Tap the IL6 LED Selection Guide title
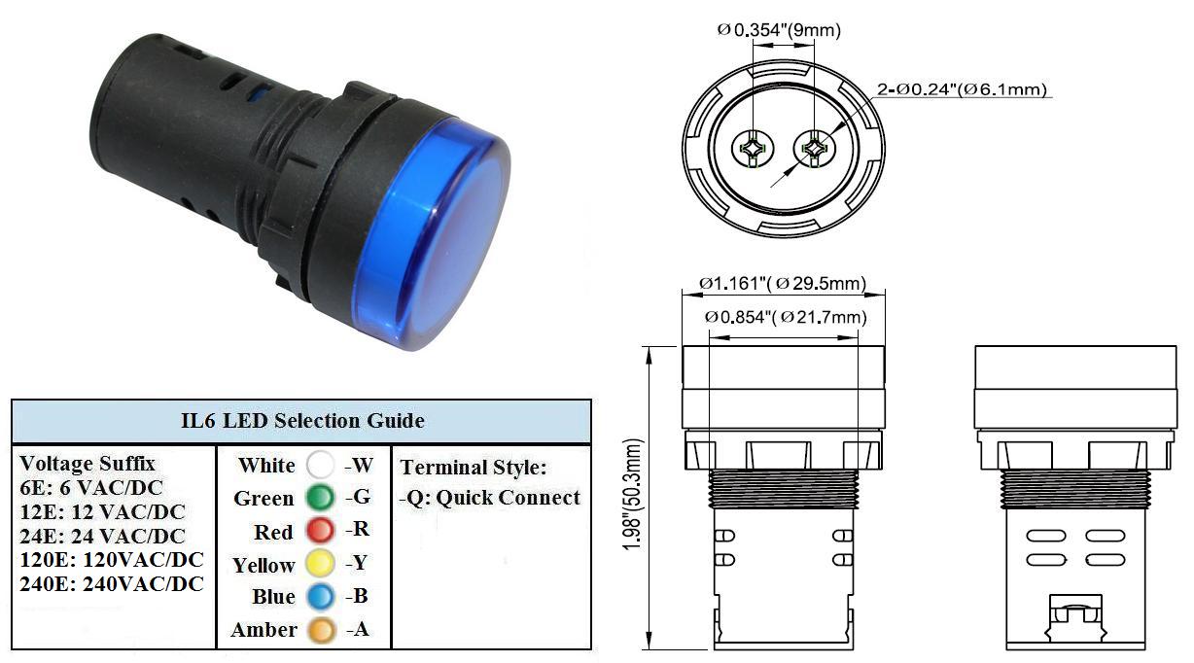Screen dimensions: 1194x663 (302, 421)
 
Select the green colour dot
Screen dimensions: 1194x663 (320, 498)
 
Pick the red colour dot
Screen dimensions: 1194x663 (320, 530)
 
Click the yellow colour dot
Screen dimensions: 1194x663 (320, 563)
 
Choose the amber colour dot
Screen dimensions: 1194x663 (321, 630)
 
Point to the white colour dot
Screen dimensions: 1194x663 (320, 465)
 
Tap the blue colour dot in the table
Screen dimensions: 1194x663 (320, 596)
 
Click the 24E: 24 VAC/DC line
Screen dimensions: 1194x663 (102, 536)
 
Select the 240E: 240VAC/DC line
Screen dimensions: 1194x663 (112, 584)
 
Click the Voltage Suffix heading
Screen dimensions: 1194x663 (88, 464)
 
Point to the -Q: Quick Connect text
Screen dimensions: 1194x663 (489, 498)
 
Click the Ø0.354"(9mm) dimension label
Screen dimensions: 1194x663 (779, 30)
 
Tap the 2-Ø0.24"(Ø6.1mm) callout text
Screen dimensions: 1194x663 (963, 89)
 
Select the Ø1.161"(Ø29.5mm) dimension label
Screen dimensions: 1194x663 (783, 283)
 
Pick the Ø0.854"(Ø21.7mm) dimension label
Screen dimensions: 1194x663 (786, 317)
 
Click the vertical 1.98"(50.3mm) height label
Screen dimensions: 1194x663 (633, 495)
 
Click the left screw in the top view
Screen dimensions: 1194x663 (753, 148)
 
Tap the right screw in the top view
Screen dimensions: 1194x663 (814, 148)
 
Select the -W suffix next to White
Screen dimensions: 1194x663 (359, 466)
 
